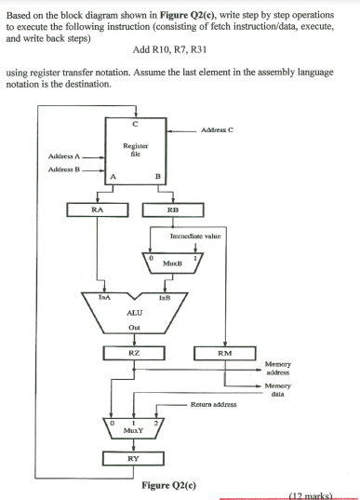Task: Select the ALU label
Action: tap(135, 316)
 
